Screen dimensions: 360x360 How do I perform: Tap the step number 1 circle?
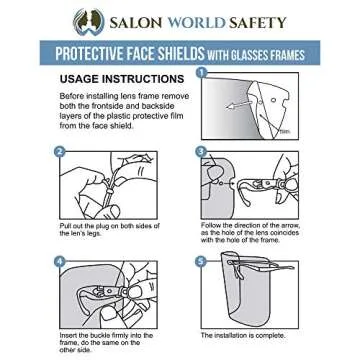(x=201, y=73)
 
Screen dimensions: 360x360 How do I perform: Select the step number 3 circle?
(x=201, y=152)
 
